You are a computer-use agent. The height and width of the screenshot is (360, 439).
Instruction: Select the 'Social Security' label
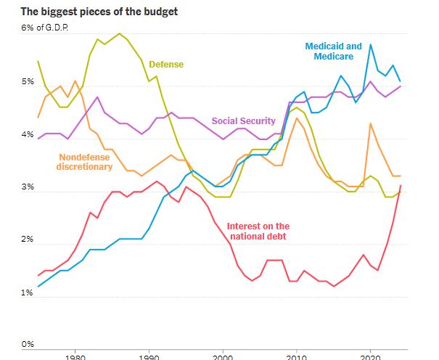(243, 120)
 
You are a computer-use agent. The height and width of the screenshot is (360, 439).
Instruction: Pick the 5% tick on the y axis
(28, 82)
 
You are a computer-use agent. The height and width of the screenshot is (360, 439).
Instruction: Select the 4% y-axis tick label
(28, 135)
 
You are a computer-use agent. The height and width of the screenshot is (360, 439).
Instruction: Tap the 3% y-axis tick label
(28, 187)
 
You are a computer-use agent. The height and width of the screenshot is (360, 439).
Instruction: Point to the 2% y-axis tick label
(28, 240)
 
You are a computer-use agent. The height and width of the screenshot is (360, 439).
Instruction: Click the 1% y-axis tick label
(28, 292)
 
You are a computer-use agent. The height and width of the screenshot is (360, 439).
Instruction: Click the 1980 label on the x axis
(75, 356)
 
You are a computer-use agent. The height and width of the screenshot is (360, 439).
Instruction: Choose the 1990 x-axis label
(149, 356)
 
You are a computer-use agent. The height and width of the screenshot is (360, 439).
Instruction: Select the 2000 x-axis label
(223, 356)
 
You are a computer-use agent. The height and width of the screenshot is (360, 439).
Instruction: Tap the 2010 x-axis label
(297, 356)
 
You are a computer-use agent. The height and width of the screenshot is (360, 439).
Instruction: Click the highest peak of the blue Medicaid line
(371, 45)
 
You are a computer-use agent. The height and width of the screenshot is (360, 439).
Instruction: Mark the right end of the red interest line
(401, 186)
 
